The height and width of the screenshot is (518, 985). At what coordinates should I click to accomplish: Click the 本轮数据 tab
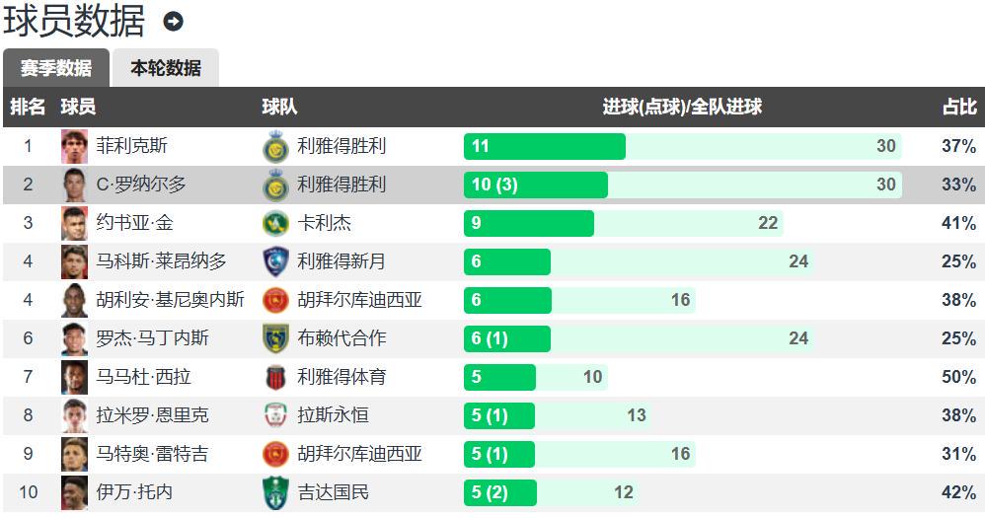165,68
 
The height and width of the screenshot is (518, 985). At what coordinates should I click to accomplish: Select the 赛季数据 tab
56,68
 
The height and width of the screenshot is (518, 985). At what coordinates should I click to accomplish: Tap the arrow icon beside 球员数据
174,21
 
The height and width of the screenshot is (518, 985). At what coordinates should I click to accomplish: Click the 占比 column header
958,107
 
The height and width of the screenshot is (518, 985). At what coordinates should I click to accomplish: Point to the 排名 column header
28,107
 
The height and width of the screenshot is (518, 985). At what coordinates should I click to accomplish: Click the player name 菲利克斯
131,146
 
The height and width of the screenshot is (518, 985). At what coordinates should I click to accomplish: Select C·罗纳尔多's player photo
75,185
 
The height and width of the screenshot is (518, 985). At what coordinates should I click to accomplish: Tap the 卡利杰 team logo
275,223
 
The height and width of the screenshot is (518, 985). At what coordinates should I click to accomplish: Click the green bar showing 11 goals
544,146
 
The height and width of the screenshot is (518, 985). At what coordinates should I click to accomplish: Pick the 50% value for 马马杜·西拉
958,377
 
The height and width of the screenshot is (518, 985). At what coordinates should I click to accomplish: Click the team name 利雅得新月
341,261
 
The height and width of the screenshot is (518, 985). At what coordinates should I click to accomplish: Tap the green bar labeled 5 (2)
499,492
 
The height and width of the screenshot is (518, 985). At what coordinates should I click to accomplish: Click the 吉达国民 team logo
275,492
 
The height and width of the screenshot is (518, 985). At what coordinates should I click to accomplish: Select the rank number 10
28,492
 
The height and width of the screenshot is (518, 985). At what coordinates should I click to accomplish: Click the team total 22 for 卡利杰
768,223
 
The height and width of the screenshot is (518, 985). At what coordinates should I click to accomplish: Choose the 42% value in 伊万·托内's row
958,492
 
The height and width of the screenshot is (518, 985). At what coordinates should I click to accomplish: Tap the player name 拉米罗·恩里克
152,415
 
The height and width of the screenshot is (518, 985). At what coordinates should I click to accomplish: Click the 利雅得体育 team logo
275,377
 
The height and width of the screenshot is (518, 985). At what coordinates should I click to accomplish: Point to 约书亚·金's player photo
75,223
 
